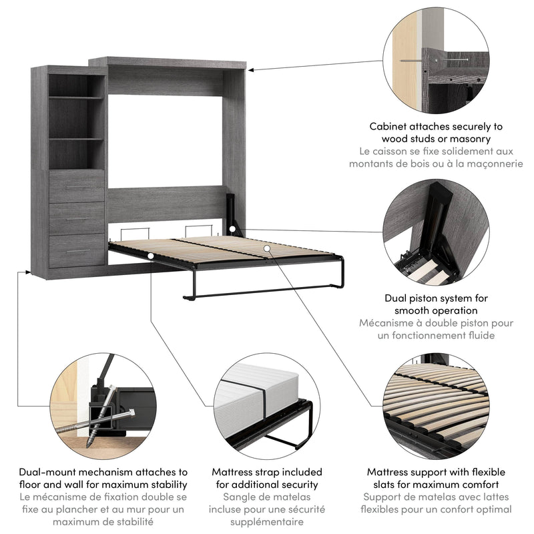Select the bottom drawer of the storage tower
tap(77, 250)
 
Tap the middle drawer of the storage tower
tap(77, 218)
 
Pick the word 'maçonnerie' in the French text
tap(490, 164)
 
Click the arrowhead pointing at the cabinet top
tap(253, 69)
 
